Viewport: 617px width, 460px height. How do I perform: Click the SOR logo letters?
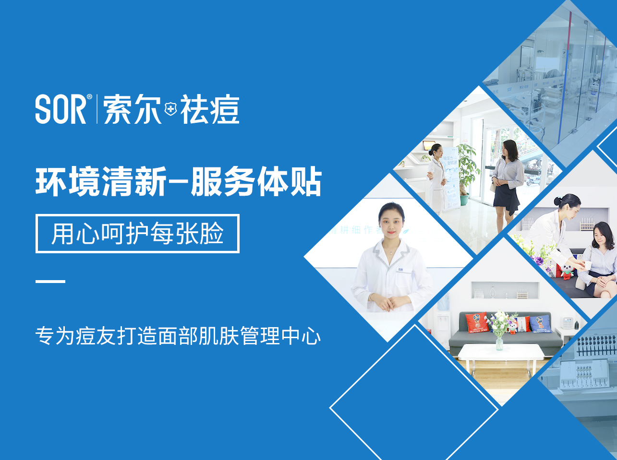click(60, 109)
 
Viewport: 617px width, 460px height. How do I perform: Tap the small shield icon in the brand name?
click(170, 109)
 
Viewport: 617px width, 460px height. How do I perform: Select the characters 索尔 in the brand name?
click(132, 109)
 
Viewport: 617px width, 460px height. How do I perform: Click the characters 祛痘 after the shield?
click(209, 109)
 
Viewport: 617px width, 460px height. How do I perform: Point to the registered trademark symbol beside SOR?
click(89, 97)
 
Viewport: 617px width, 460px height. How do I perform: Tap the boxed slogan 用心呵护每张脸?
click(137, 234)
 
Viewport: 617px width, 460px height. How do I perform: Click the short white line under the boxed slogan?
click(50, 282)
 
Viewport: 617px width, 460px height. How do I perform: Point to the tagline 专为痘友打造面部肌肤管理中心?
click(178, 336)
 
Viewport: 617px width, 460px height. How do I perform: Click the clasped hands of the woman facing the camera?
click(389, 303)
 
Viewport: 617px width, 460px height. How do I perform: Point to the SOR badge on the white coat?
click(400, 270)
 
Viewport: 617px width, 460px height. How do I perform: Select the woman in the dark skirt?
click(508, 182)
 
